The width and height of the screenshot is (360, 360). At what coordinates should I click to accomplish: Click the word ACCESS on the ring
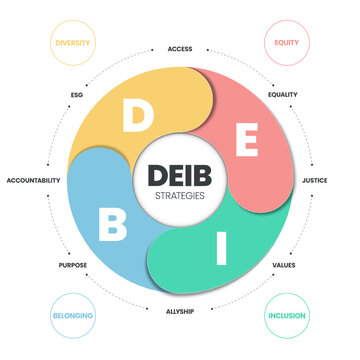click(180, 47)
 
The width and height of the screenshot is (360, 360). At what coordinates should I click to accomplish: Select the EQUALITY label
click(284, 95)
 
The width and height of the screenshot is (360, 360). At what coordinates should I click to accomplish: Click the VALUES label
click(283, 266)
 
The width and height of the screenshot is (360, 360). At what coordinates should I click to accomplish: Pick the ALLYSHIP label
click(180, 312)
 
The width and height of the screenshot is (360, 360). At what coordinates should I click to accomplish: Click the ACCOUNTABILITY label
click(33, 180)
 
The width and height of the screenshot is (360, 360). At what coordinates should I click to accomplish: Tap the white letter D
click(133, 117)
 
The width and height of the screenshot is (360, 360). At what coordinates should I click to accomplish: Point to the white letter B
click(112, 224)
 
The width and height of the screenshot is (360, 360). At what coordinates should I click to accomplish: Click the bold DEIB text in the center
click(180, 173)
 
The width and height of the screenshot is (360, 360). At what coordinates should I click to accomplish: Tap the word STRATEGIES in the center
click(180, 195)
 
